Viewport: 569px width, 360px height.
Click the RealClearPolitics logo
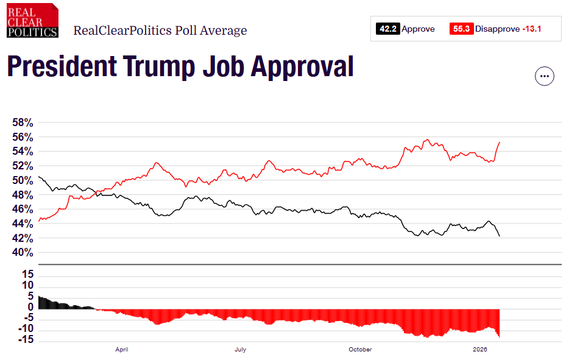click(33, 21)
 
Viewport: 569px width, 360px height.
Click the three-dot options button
click(544, 76)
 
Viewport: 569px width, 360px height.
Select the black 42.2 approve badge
click(387, 29)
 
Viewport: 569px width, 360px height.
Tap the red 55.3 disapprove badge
click(461, 29)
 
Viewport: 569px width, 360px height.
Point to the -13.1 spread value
click(532, 29)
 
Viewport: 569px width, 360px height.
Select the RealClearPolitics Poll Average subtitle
click(160, 30)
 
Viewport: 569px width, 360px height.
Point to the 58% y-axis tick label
click(23, 122)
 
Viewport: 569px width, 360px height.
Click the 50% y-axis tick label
click(23, 180)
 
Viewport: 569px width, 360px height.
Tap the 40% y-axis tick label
click(23, 253)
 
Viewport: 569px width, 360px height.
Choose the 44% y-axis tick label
click(23, 224)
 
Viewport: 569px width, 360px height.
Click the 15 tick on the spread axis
click(27, 275)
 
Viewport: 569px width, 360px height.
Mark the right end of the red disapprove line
click(500, 142)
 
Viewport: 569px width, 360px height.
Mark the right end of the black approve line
click(500, 236)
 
